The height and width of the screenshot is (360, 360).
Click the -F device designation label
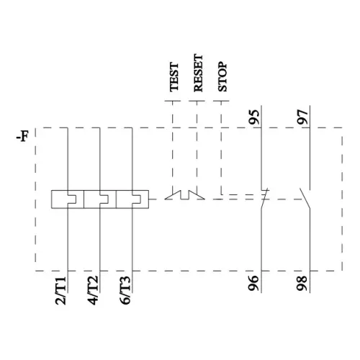[x=22, y=135]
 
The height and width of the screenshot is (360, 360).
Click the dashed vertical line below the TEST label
[x=172, y=144]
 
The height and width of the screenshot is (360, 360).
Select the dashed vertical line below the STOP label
[x=221, y=144]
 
